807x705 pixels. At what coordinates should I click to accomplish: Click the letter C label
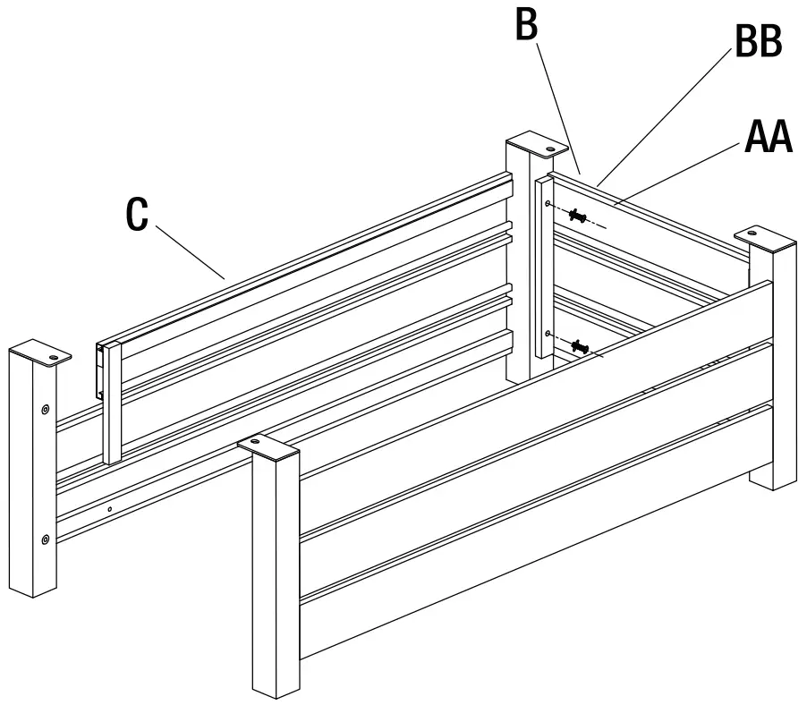[x=137, y=215]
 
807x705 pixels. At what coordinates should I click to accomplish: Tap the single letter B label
[x=527, y=24]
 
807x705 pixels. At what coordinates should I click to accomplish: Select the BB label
[x=758, y=42]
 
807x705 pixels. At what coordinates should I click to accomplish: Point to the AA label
[x=769, y=139]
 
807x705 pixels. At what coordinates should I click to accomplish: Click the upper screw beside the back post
[x=578, y=217]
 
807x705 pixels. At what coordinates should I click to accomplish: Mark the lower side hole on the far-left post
[x=45, y=539]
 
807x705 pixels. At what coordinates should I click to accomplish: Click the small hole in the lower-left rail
[x=108, y=510]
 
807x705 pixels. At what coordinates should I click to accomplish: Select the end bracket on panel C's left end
[x=101, y=371]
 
